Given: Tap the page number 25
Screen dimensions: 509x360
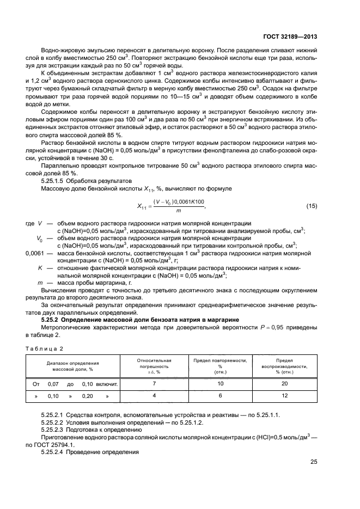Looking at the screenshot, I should pyautogui.click(x=314, y=462).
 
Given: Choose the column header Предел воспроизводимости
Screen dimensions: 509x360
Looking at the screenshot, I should pyautogui.click(x=284, y=366).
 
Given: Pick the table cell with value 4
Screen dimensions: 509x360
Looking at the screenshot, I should pyautogui.click(x=154, y=396).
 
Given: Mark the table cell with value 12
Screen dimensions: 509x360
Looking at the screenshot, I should pyautogui.click(x=284, y=396).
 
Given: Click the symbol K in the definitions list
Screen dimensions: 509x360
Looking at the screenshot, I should pyautogui.click(x=40, y=268).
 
